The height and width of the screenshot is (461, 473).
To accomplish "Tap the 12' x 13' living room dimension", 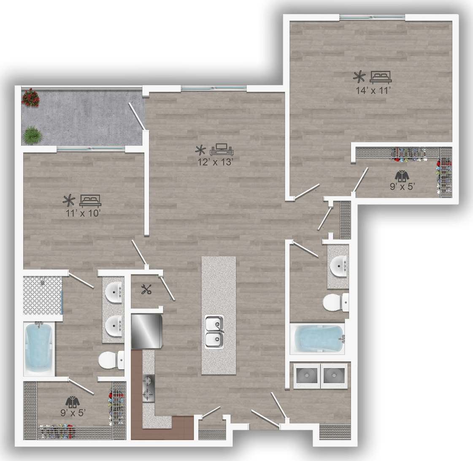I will tap(216, 162).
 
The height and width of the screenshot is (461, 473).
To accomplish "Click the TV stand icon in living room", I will tap(222, 149).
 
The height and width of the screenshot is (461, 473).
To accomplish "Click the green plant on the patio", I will tap(32, 135).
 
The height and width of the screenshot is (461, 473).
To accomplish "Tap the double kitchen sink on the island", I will tap(215, 331).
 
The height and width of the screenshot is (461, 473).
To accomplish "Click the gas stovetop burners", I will tap(149, 388).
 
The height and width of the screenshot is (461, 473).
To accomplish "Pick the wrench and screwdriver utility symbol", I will tap(146, 289).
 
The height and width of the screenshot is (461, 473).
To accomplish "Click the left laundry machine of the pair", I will tap(307, 375).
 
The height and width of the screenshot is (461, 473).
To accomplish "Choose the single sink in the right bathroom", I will tap(338, 266).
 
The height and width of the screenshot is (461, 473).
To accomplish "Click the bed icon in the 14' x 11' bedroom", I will tap(381, 76).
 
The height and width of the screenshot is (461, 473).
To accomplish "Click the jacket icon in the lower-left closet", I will tap(73, 401).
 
